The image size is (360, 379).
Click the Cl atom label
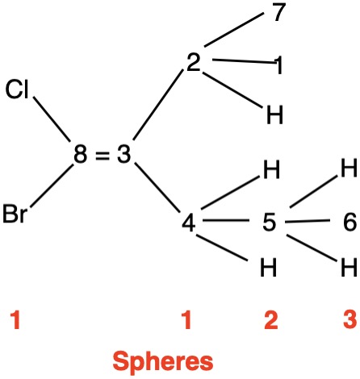[17, 89]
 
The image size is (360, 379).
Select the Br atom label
[15, 214]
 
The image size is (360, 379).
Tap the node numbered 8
[81, 155]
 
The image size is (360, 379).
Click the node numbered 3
[123, 155]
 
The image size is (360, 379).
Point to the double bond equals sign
[103, 156]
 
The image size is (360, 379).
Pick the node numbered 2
[194, 62]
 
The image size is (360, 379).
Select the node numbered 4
[189, 223]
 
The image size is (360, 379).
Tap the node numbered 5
[269, 222]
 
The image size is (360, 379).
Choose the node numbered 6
[350, 222]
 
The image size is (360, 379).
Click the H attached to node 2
[274, 115]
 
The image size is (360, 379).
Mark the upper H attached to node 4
[271, 169]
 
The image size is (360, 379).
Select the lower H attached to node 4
[268, 267]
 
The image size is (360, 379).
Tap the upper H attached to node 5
[349, 168]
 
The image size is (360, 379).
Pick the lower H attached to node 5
[349, 267]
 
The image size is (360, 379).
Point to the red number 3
[350, 319]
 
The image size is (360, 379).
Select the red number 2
[271, 319]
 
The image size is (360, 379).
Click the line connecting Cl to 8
[52, 119]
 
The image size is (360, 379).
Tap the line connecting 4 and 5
[226, 221]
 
